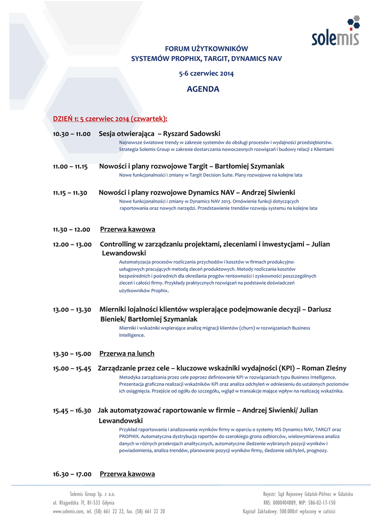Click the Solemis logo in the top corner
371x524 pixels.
pos(336,32)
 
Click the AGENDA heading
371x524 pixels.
pos(203,89)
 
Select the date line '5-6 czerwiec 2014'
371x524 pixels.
pos(206,73)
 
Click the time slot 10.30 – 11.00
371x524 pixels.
pos(72,134)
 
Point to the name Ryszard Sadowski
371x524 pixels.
pos(191,134)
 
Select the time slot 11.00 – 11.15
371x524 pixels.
pos(71,166)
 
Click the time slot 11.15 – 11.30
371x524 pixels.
pos(71,192)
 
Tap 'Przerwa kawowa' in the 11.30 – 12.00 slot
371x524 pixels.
pos(127,229)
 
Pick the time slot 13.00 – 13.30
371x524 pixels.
pos(72,309)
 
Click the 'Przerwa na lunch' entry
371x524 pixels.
pos(127,354)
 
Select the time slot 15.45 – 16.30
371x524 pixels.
pos(72,410)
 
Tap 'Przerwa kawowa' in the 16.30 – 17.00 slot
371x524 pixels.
pos(127,474)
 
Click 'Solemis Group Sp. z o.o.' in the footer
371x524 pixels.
pos(92,494)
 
